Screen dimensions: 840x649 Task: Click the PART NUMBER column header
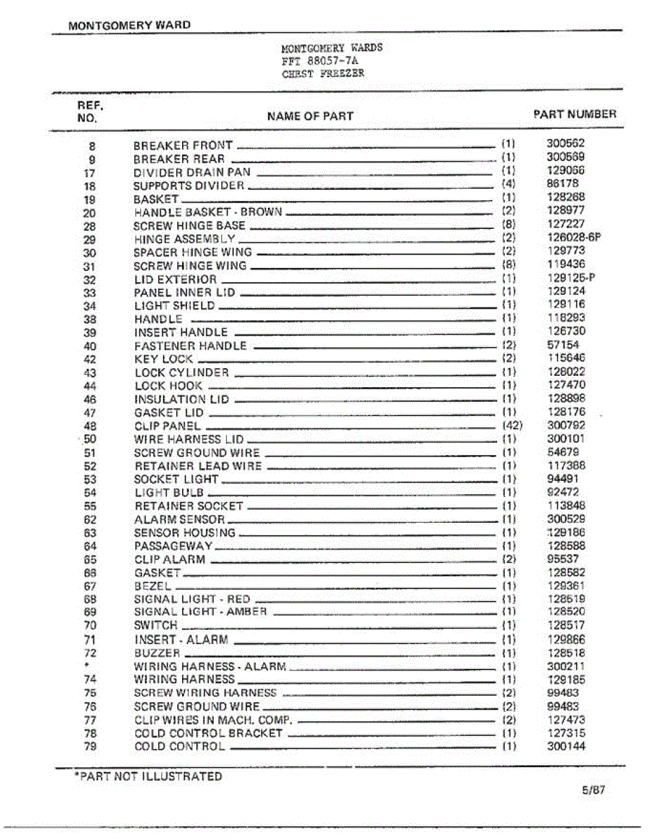[575, 114]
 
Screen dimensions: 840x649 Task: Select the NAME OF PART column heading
[310, 116]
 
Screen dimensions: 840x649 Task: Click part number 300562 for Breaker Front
[566, 143]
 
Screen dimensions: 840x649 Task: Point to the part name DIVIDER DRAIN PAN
[192, 172]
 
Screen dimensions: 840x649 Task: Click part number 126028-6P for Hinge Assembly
[574, 237]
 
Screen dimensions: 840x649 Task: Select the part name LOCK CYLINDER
[181, 372]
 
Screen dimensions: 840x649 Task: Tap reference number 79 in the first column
[90, 747]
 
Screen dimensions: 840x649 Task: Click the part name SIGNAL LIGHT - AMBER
[200, 612]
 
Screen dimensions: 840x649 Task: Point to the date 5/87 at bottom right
[592, 790]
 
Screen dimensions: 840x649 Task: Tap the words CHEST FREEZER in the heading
[323, 73]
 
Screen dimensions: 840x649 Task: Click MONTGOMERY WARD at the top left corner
[129, 25]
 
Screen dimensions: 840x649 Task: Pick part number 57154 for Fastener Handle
[563, 345]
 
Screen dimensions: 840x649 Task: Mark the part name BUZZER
[157, 652]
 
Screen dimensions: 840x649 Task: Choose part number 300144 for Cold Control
[566, 746]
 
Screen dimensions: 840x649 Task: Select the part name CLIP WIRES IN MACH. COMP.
[213, 720]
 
